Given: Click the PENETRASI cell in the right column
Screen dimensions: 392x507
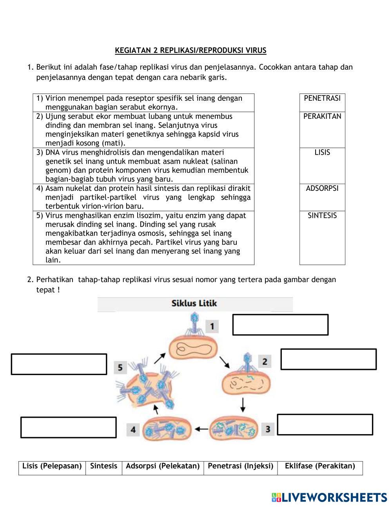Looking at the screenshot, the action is [x=322, y=98].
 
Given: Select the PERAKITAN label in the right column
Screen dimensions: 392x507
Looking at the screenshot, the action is [x=322, y=116].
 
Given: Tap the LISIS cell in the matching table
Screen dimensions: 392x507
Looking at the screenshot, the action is [x=322, y=152].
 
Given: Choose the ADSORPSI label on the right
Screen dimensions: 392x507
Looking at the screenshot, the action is [x=322, y=188].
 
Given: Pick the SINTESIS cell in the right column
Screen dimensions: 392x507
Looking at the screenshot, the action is [x=322, y=215].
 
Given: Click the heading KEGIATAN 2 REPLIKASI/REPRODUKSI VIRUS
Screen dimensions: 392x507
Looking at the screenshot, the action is [x=191, y=51].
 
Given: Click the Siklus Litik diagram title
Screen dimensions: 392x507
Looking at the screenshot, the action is [x=194, y=304].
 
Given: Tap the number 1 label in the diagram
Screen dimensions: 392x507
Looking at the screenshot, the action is [x=212, y=326].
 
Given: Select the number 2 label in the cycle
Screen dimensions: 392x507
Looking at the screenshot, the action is [x=265, y=361].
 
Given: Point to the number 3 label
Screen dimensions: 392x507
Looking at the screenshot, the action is [x=268, y=429].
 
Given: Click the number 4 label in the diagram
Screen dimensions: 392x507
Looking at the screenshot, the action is [x=133, y=430].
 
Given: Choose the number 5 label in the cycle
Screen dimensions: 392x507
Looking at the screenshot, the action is [x=120, y=368].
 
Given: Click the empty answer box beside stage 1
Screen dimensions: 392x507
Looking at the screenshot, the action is [x=280, y=325].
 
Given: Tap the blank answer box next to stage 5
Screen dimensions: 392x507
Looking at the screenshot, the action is [x=59, y=364].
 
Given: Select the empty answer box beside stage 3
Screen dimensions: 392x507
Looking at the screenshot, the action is [x=325, y=425].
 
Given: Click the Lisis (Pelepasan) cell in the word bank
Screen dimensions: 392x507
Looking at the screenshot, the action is [x=52, y=466].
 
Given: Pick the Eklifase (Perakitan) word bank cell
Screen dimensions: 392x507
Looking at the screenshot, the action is [x=320, y=466].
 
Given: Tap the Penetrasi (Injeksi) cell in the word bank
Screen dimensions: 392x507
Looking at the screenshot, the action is [x=240, y=466].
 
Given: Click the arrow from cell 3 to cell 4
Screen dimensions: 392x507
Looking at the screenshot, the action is [x=202, y=429].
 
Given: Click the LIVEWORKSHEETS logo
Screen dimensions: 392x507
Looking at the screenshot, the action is [x=329, y=497].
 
